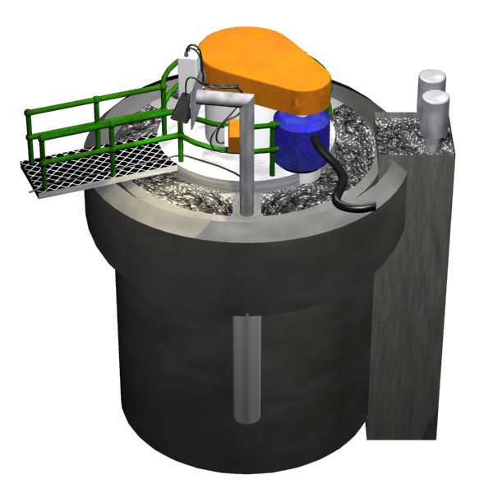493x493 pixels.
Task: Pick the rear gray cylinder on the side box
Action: click(430, 82)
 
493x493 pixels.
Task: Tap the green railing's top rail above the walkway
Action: click(82, 103)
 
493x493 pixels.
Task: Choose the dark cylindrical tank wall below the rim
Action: click(164, 329)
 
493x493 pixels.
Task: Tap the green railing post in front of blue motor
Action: click(271, 144)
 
